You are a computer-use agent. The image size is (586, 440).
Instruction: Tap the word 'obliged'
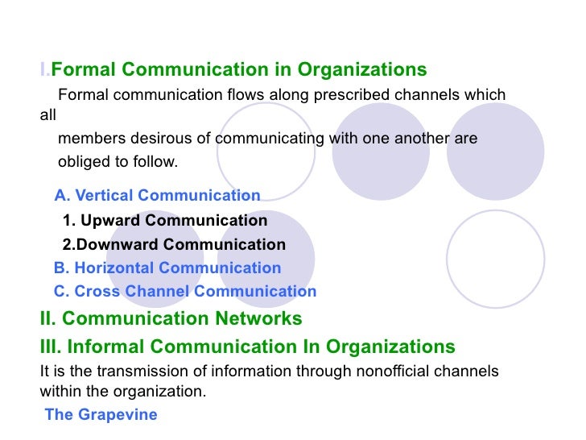[84, 162]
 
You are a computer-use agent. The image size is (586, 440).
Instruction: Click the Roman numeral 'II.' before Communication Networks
[48, 319]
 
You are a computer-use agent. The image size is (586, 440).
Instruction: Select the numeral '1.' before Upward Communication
[68, 221]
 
